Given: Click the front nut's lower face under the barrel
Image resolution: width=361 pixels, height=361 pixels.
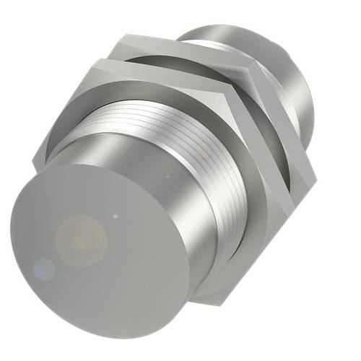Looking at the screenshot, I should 217,278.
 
